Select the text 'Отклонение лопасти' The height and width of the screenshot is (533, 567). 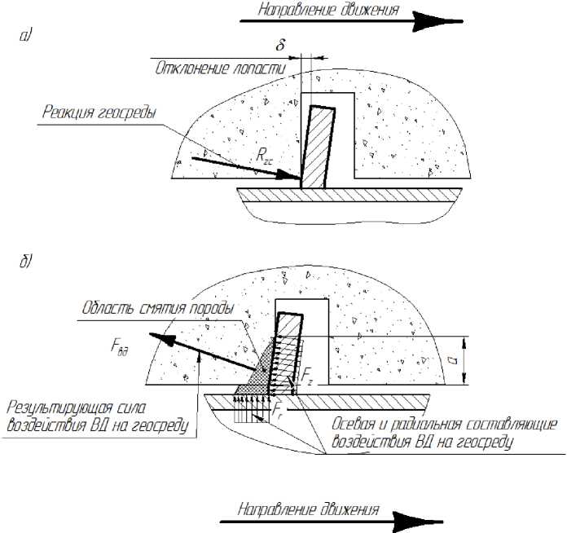pos(221,69)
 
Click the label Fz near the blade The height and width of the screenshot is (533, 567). pos(305,376)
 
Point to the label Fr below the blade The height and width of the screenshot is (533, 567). pos(279,404)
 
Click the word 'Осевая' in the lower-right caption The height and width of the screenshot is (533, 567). pos(358,425)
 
